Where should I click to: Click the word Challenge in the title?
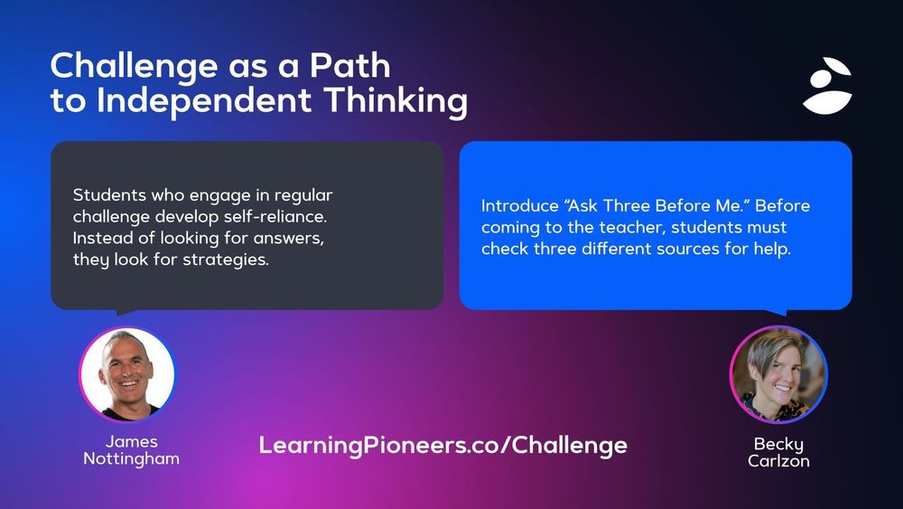click(135, 67)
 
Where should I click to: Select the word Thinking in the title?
click(396, 102)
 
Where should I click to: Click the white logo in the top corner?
click(827, 85)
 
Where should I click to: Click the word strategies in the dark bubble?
click(226, 260)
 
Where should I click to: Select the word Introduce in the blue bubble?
click(520, 206)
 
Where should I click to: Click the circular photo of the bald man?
click(127, 374)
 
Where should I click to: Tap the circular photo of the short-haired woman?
click(778, 374)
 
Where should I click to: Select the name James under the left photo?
click(131, 442)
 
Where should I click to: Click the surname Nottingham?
click(131, 459)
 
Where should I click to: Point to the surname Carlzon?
click(778, 461)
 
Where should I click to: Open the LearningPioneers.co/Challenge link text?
click(442, 446)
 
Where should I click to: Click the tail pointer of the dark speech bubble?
click(125, 312)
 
